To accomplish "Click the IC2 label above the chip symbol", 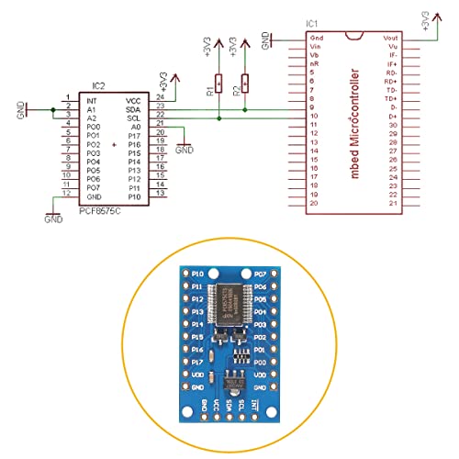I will click(x=98, y=86).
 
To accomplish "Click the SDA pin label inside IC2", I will click(x=133, y=108).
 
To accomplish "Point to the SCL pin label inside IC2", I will click(x=133, y=118).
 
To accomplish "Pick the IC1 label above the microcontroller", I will click(x=312, y=23).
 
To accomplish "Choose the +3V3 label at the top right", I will click(x=425, y=20).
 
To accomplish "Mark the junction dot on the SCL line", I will click(x=218, y=118).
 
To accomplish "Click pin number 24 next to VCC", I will click(x=160, y=95).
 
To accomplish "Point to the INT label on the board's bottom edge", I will click(x=253, y=405).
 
